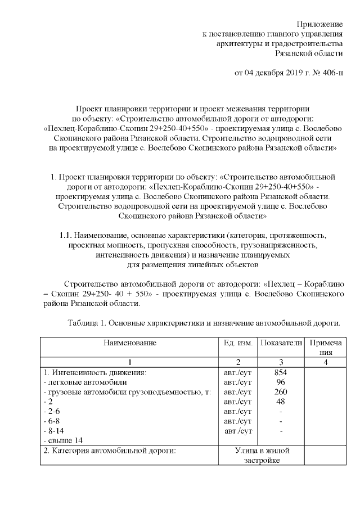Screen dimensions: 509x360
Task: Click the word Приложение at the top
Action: click(x=319, y=24)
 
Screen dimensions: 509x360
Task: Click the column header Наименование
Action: click(x=129, y=343)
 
